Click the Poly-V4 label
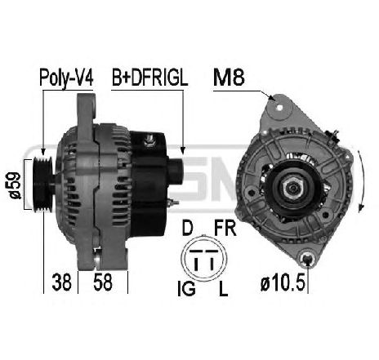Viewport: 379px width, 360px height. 66,78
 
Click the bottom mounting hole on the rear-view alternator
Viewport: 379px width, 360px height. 307,259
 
